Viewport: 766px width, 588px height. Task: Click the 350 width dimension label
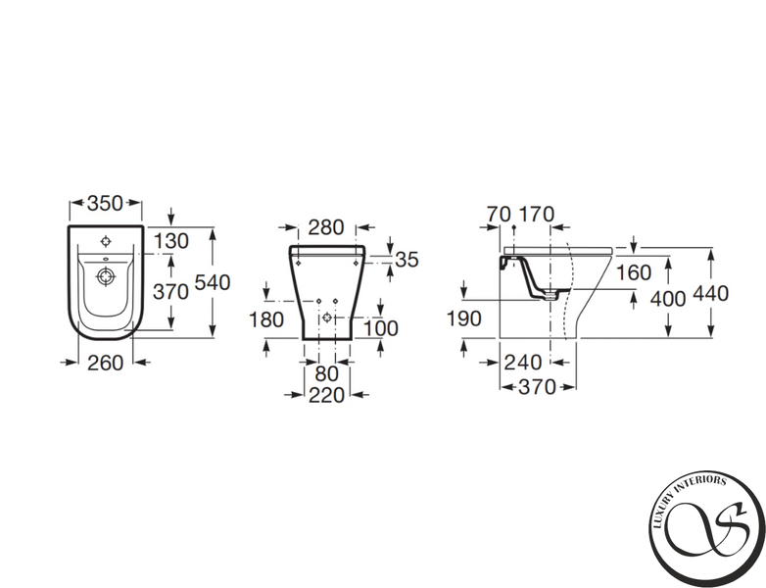[105, 203]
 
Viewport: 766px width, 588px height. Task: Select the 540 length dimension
[213, 282]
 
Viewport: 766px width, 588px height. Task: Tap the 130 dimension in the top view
[171, 241]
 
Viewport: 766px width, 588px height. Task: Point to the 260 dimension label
[105, 363]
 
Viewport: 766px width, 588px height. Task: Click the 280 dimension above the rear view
[326, 227]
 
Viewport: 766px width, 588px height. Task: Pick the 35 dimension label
[407, 260]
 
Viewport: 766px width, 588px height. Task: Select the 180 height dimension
[266, 319]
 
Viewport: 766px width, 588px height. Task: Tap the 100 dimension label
[381, 328]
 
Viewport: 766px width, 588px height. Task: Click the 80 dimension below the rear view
[326, 374]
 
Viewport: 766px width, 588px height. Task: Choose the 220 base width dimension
[326, 395]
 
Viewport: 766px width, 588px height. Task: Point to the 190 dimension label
[464, 318]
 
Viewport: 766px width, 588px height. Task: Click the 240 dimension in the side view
[523, 363]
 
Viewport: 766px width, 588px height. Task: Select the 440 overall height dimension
[710, 293]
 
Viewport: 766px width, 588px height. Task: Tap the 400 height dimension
[668, 299]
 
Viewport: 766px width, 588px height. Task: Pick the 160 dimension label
[634, 272]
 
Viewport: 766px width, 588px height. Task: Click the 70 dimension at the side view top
[499, 214]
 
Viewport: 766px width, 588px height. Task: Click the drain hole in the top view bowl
[106, 276]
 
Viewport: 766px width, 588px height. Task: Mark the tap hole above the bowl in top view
[106, 241]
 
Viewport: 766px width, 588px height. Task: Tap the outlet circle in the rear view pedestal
[327, 318]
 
